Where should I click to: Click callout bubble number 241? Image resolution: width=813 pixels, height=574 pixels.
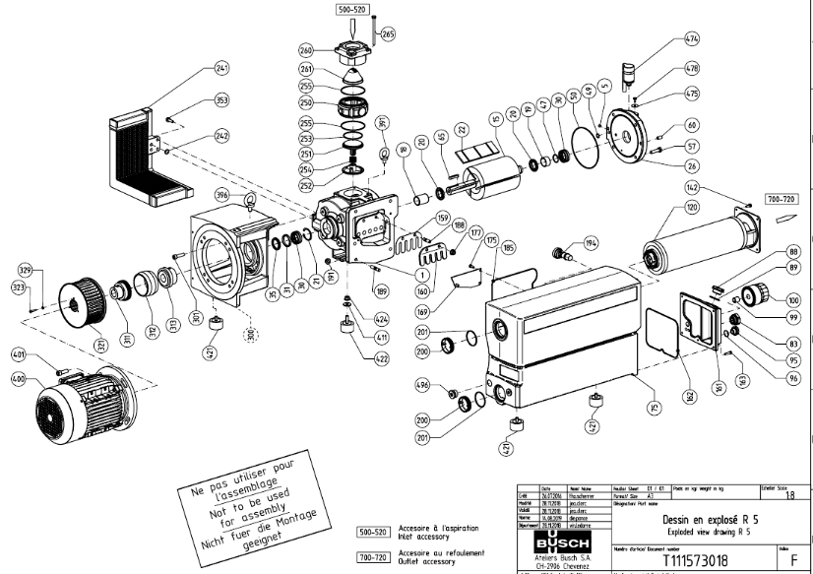[x=221, y=69]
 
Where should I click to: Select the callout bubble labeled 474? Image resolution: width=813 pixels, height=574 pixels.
[x=692, y=40]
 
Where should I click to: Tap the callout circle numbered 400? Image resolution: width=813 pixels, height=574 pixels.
[x=18, y=378]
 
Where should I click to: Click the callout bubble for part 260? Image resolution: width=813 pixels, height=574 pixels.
[x=306, y=50]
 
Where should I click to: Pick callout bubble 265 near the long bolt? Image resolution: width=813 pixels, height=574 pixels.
[x=387, y=34]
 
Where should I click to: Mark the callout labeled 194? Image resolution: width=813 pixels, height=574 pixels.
[x=591, y=241]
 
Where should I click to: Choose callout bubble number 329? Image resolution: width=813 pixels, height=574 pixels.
[x=26, y=270]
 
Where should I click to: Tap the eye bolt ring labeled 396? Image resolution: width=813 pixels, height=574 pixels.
[x=251, y=204]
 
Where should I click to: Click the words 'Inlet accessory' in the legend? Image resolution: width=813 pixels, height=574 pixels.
[x=425, y=537]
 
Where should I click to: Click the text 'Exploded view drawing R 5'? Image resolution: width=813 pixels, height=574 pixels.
[x=699, y=531]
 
